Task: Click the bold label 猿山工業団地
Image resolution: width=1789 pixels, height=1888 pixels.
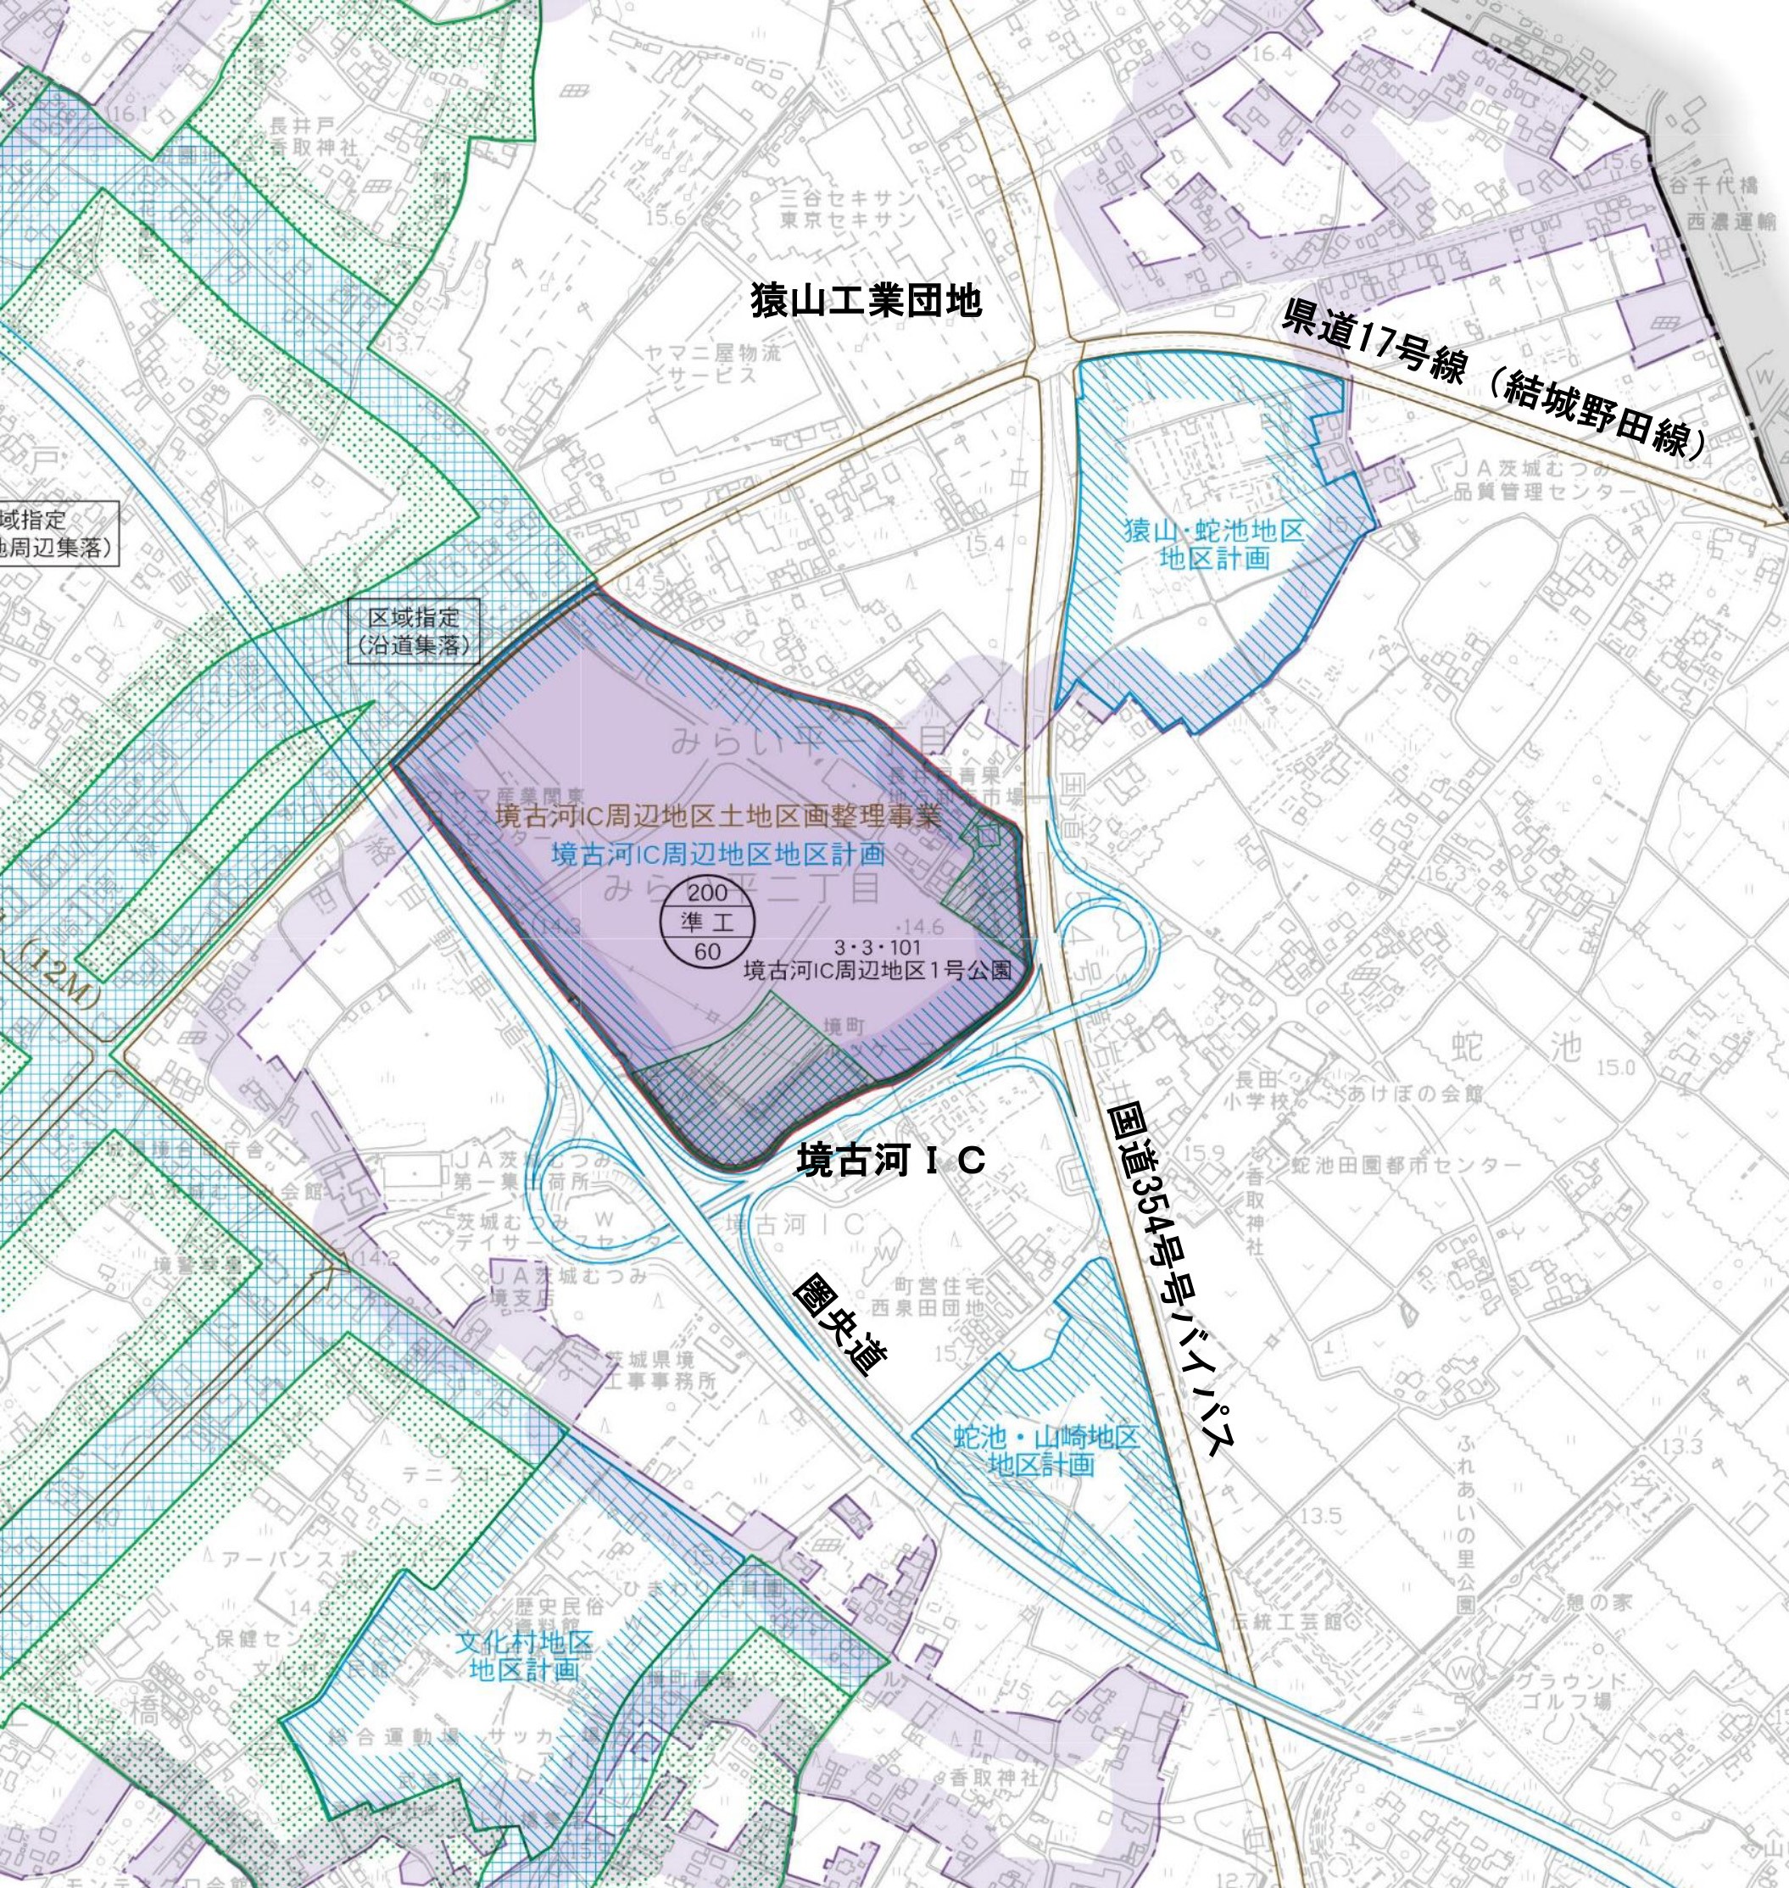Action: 866,301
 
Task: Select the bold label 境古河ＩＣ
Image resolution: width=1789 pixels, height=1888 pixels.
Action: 891,1161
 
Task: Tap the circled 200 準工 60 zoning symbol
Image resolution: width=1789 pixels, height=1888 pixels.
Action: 708,922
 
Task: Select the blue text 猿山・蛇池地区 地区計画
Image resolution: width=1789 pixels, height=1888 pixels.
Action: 1213,544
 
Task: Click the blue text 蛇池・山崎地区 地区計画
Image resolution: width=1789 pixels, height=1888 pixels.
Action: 1046,1451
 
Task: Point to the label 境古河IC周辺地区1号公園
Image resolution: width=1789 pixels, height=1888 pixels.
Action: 877,971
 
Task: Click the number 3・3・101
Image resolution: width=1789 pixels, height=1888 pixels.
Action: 877,948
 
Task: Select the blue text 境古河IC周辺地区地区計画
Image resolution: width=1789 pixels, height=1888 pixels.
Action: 718,853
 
